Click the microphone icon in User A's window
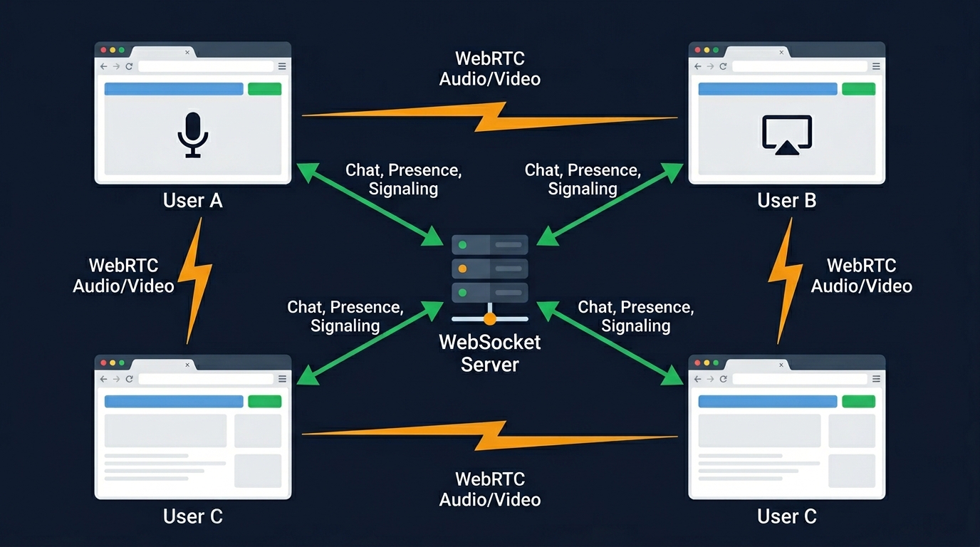click(x=192, y=134)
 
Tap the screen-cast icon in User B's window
click(x=786, y=135)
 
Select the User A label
click(x=192, y=201)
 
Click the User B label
click(x=786, y=201)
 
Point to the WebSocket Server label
click(x=489, y=353)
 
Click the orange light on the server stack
click(x=462, y=269)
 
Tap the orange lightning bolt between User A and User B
click(x=490, y=117)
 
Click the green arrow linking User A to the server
click(x=370, y=204)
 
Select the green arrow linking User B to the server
click(x=610, y=204)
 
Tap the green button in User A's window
click(x=264, y=89)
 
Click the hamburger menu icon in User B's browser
click(x=876, y=66)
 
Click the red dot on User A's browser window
click(x=103, y=50)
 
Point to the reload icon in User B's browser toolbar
click(x=723, y=66)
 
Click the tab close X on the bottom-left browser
click(x=187, y=365)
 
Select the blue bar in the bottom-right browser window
click(x=767, y=402)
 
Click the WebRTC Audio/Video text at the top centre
click(x=489, y=68)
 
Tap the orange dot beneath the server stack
click(x=489, y=318)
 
